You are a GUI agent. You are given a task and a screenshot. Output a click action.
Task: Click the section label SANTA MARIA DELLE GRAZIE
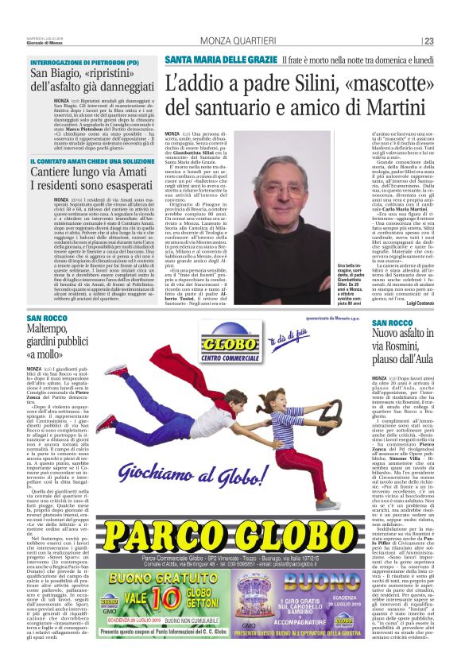(x=207, y=60)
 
